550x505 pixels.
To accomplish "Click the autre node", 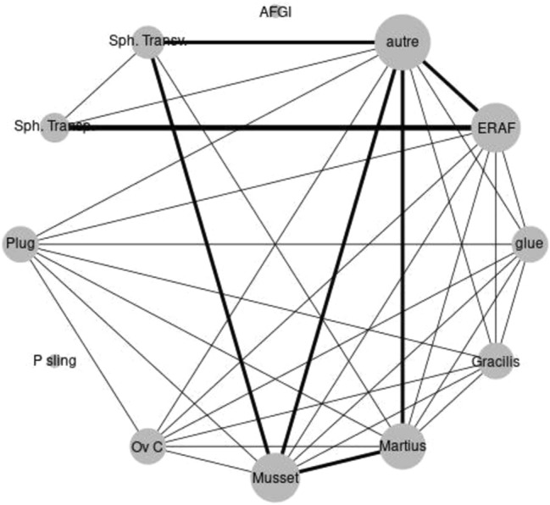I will point(403,42).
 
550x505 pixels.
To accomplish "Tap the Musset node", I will point(275,477).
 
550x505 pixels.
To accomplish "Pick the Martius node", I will point(403,445).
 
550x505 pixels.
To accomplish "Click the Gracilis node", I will point(497,362).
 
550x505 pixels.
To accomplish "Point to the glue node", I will point(527,245).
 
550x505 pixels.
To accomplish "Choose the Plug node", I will point(19,245).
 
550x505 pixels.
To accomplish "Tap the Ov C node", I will point(147,446).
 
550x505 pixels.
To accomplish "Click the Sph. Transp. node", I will point(53,127).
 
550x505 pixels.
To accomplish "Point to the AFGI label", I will point(276,12).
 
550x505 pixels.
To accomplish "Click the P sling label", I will point(54,362).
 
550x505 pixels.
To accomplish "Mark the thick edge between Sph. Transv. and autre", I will point(271,41).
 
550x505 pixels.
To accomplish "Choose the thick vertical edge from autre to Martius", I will point(403,254).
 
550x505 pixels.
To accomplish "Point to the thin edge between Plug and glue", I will point(271,245).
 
